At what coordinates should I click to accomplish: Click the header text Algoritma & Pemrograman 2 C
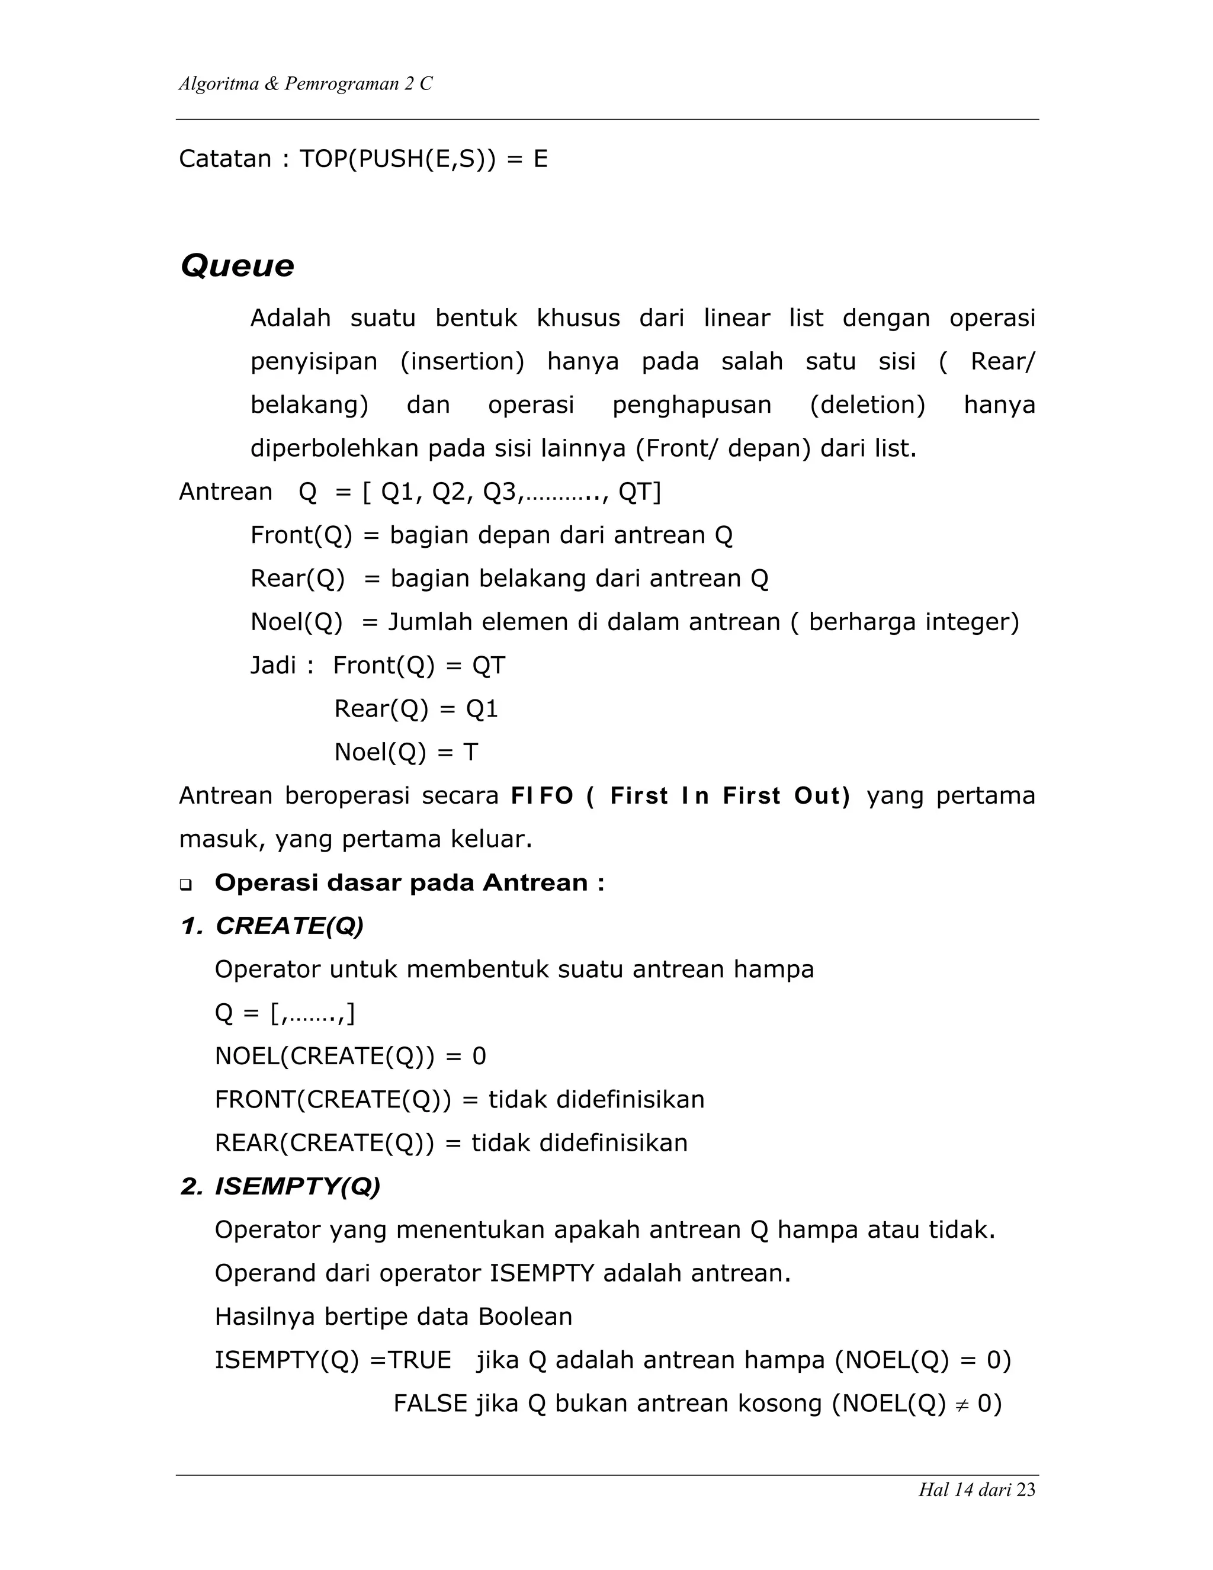305,84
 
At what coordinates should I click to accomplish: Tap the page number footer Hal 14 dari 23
977,1489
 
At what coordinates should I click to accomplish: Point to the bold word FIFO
541,796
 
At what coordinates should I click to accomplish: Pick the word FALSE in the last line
430,1403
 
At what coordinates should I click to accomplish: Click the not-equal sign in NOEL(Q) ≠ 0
961,1405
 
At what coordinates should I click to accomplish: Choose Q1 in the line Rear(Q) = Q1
482,709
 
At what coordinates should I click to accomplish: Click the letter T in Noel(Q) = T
470,753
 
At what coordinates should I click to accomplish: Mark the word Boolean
525,1317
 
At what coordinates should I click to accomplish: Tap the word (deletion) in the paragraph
867,404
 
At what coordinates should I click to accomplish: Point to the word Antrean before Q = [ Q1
225,492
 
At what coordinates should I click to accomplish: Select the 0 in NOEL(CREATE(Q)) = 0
479,1057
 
